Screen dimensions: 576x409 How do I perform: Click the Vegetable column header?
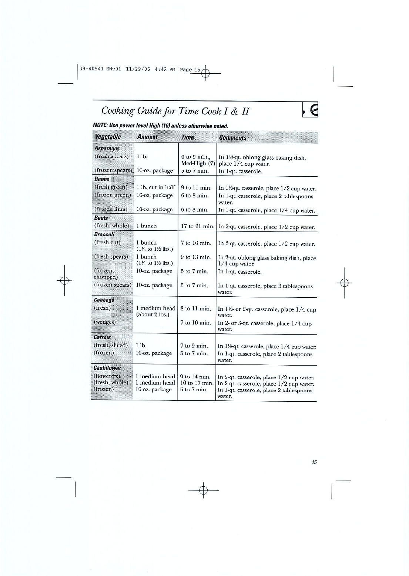click(108, 137)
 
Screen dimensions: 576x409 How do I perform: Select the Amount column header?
click(147, 137)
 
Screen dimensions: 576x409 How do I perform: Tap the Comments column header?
click(232, 138)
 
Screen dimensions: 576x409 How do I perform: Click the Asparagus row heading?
click(107, 149)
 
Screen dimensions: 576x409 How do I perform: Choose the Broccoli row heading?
click(104, 234)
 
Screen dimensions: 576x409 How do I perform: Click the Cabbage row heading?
click(104, 300)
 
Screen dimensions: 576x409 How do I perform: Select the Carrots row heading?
click(102, 337)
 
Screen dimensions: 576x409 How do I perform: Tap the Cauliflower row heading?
click(108, 368)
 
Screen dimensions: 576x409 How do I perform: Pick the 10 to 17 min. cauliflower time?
click(197, 383)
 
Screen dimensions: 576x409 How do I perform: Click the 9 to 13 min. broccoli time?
click(196, 257)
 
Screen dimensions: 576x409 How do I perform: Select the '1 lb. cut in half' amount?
click(155, 187)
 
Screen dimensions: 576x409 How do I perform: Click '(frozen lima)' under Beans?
click(111, 209)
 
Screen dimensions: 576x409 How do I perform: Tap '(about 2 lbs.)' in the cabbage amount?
click(153, 315)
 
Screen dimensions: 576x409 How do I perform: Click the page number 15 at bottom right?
click(314, 462)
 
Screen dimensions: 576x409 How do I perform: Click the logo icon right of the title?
click(311, 110)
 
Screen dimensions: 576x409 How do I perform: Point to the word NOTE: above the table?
click(100, 126)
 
